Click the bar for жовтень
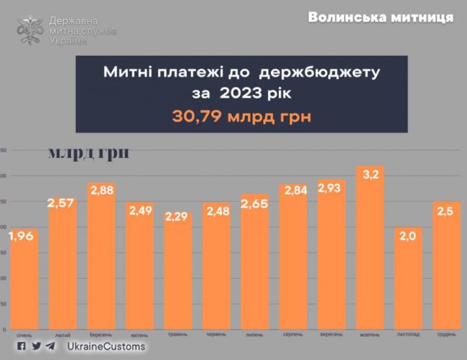click(370, 247)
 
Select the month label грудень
click(448, 335)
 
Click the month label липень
click(254, 335)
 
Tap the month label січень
click(24, 335)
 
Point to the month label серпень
click(293, 335)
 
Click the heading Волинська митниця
click(380, 17)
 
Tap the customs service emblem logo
click(30, 29)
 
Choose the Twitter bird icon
click(35, 346)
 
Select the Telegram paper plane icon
click(50, 346)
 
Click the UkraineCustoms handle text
click(106, 346)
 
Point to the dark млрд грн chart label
click(88, 153)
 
